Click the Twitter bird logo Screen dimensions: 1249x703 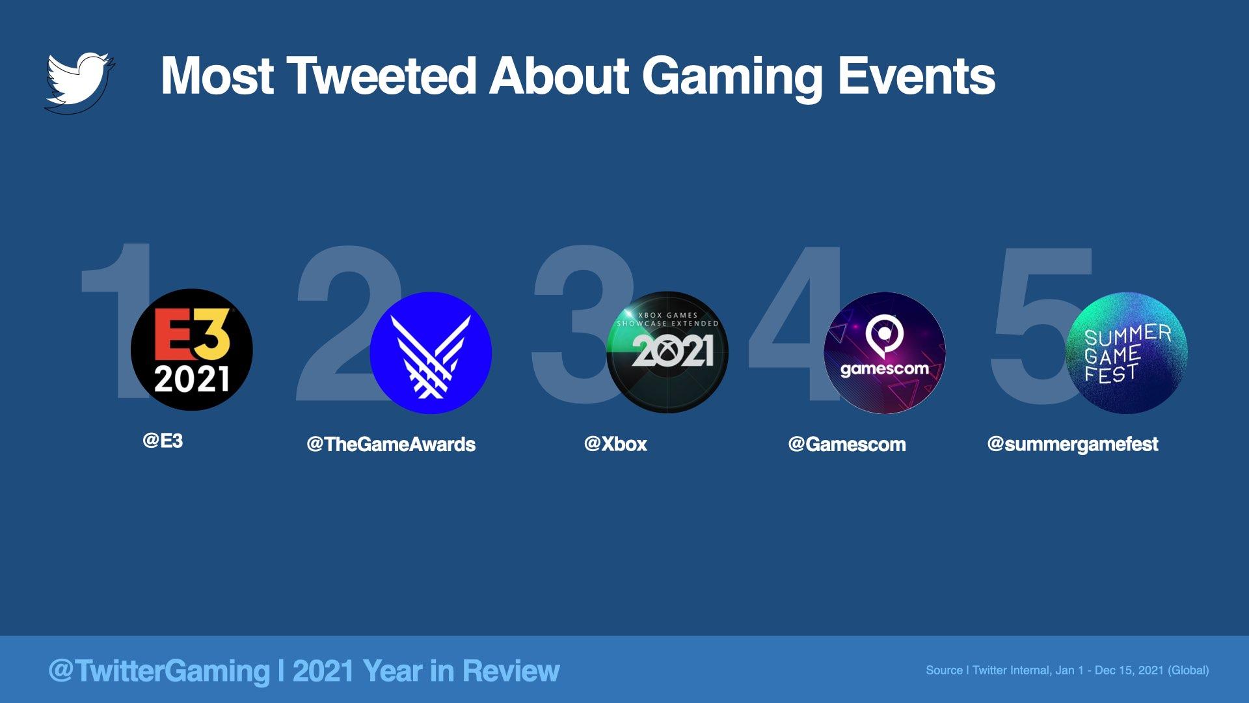click(79, 81)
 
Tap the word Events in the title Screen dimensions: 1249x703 click(917, 76)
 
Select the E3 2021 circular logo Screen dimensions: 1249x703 click(192, 350)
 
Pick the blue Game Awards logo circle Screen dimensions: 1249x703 click(431, 353)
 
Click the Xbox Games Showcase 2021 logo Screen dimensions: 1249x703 click(667, 351)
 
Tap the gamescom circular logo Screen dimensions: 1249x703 click(885, 353)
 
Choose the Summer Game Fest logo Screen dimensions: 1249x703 click(1127, 353)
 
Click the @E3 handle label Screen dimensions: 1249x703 click(163, 441)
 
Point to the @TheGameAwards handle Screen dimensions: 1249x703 click(391, 444)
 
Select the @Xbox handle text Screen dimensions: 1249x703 click(615, 444)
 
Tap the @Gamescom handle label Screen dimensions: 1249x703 click(847, 444)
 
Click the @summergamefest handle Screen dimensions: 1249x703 click(1073, 444)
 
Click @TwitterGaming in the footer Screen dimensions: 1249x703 click(159, 670)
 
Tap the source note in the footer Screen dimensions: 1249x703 click(1068, 670)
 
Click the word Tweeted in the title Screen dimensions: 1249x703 click(381, 76)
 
